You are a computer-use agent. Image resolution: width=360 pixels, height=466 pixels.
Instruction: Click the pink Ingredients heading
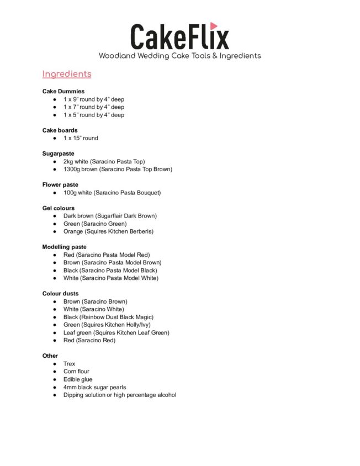[x=67, y=74]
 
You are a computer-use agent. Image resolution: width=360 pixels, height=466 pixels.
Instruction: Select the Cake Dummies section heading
[x=63, y=91]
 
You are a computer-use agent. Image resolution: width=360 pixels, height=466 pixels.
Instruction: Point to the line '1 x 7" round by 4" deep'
[x=94, y=107]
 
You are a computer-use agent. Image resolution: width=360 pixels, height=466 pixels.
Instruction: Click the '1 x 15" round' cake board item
[x=81, y=138]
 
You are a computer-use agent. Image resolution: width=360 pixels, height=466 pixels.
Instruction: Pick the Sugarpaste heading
[x=58, y=153]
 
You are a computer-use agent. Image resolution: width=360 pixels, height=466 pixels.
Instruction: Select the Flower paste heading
[x=60, y=184]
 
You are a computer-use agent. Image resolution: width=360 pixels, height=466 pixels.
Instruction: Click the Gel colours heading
[x=59, y=208]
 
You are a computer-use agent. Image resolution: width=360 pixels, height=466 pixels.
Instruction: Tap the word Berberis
[x=140, y=231]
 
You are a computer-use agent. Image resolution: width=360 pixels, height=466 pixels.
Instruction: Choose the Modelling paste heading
[x=65, y=247]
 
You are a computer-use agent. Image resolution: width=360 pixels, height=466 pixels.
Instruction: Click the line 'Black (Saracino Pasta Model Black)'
[x=110, y=271]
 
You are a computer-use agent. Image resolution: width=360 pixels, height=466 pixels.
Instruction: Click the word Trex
[x=69, y=364]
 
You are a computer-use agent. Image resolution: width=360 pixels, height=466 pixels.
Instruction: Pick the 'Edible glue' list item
[x=78, y=379]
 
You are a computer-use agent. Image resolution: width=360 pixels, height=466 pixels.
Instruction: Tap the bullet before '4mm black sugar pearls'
[x=55, y=388]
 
